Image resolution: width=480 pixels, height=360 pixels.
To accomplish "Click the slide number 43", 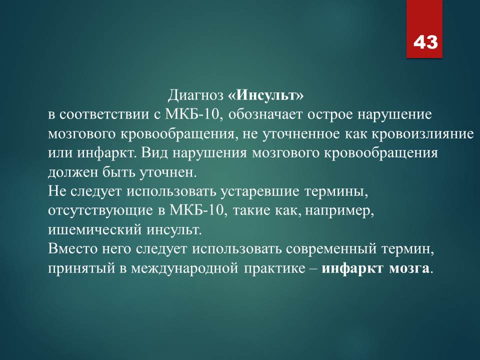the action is click(425, 42).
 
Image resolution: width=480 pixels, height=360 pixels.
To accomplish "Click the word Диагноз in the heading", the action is click(195, 95).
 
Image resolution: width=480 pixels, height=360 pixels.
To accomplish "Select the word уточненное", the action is click(301, 134).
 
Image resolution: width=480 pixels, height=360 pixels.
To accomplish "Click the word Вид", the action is click(154, 153).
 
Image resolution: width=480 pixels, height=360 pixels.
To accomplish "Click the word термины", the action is click(336, 192).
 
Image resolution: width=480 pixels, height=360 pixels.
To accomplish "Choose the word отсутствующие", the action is click(100, 211).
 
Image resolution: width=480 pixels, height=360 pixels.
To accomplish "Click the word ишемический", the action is click(95, 230).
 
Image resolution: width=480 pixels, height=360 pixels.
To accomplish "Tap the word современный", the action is click(331, 249).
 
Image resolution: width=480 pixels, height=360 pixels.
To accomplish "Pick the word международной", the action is click(184, 268).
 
